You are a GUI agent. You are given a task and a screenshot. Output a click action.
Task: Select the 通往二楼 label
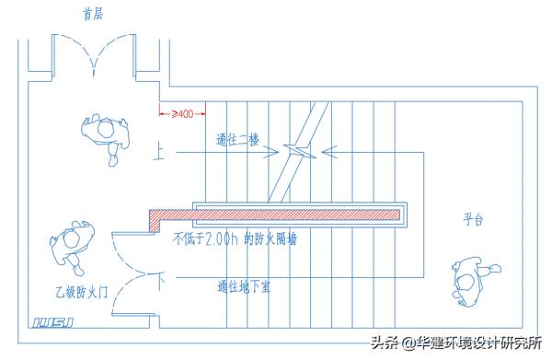click(x=237, y=141)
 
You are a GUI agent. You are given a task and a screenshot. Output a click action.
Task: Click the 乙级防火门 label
click(x=82, y=291)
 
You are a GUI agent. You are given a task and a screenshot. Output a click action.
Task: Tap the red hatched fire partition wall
click(x=276, y=215)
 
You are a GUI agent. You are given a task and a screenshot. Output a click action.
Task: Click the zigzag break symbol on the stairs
click(x=299, y=149)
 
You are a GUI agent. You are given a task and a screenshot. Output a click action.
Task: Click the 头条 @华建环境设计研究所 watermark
click(x=456, y=343)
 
